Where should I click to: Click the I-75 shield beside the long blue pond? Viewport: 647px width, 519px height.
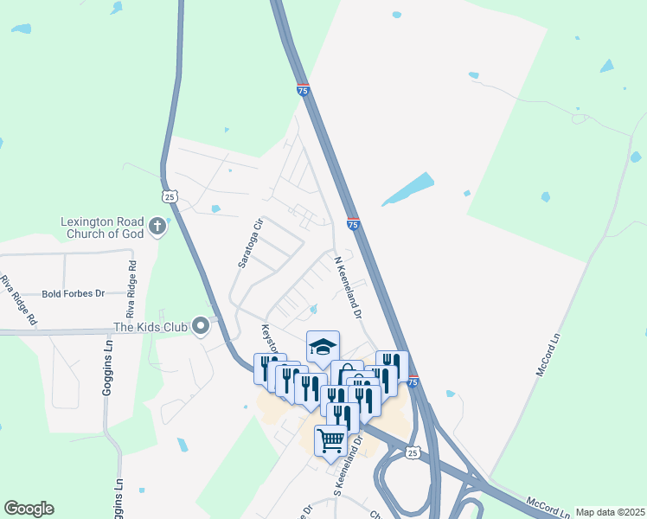pos(353,223)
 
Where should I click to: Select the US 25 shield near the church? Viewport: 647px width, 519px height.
pos(170,196)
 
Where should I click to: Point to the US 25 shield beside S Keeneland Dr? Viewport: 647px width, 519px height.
pos(413,452)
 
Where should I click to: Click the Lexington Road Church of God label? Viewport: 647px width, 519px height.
pos(100,227)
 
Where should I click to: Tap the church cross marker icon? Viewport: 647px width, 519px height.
pos(157,227)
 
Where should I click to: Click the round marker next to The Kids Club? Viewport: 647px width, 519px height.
pos(202,326)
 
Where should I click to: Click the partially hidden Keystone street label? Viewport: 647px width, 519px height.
pos(267,339)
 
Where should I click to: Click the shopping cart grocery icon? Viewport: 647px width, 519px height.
pos(330,441)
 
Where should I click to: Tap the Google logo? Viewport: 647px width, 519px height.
pos(29,509)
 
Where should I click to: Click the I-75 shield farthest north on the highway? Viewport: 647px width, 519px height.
pos(302,89)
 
